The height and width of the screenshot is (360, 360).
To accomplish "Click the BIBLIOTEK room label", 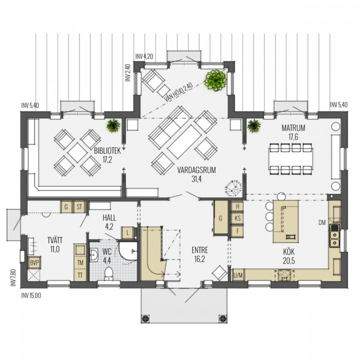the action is [x=107, y=151].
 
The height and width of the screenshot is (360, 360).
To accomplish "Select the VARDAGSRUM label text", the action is [x=196, y=170].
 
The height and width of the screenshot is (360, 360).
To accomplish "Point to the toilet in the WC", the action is [x=109, y=273].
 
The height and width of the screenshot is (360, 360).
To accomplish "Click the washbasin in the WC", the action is [x=94, y=255].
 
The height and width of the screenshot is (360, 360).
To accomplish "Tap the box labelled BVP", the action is [x=34, y=262].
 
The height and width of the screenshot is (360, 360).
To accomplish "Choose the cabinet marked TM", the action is [x=80, y=262].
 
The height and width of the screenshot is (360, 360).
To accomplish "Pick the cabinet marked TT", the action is [x=80, y=275].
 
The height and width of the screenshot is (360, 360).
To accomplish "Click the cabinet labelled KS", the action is [x=237, y=218].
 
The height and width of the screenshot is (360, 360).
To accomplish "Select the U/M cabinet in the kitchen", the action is [x=238, y=275].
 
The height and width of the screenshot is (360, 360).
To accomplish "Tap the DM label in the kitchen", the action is [x=322, y=222].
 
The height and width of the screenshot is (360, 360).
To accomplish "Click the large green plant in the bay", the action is [x=216, y=80].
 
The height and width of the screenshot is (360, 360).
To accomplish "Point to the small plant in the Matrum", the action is [x=254, y=126].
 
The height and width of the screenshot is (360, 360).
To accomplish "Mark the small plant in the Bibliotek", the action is [x=113, y=125].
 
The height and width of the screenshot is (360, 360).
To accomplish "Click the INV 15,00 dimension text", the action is [x=31, y=295].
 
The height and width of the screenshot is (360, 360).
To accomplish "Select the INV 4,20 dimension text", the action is [x=144, y=56].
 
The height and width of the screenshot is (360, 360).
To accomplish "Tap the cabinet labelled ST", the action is [x=79, y=207].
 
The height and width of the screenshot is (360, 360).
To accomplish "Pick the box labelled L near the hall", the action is [x=127, y=233].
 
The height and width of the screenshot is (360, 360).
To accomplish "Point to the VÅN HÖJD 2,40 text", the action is [x=178, y=92].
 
